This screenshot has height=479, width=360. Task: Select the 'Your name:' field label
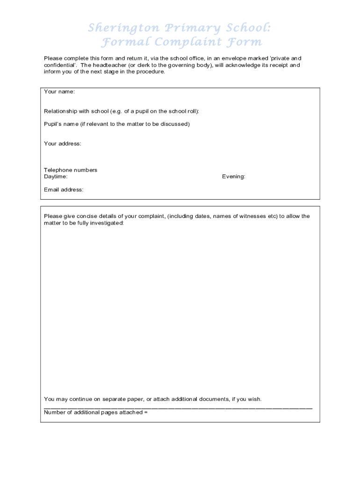59,92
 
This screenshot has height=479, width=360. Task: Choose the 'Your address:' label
63,144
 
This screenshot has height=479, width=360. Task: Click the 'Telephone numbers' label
71,170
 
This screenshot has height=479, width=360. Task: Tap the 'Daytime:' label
56,177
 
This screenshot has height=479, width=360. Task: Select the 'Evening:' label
234,177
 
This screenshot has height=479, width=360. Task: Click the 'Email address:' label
64,189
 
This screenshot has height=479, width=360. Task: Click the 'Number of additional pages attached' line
96,412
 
